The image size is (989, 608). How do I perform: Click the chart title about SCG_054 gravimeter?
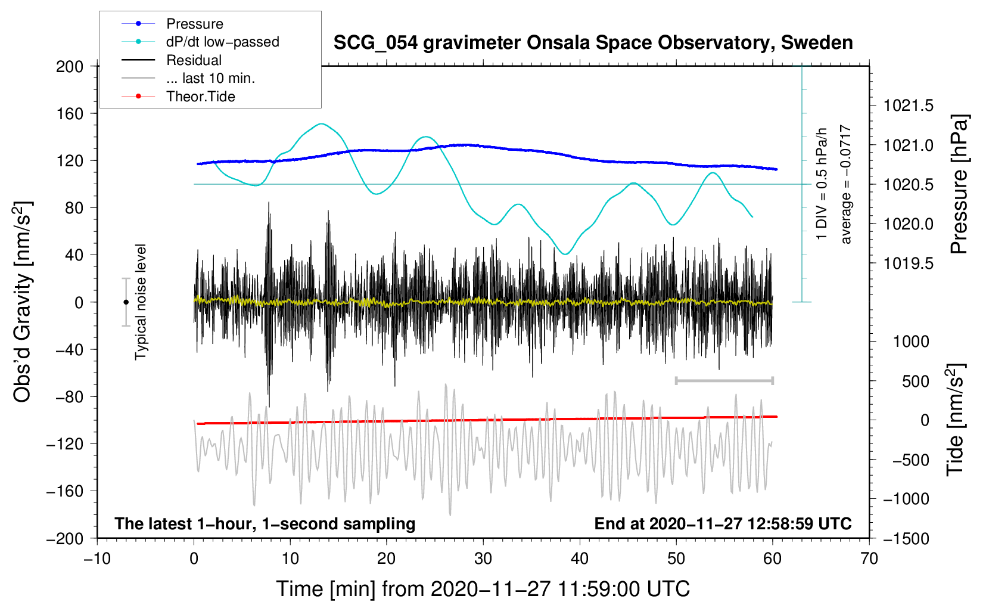[x=593, y=43]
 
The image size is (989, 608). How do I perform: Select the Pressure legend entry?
[x=194, y=24]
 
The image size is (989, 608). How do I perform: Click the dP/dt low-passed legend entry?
[x=222, y=42]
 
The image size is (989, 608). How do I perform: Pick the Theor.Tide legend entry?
[x=200, y=97]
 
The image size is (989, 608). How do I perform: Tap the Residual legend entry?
[x=194, y=60]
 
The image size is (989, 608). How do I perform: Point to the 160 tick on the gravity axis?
[x=70, y=113]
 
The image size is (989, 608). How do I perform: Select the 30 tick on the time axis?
[x=483, y=559]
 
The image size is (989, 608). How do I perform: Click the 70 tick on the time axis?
[x=869, y=559]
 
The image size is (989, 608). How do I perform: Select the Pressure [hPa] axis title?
[x=959, y=185]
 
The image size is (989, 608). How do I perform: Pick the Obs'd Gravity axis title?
[x=23, y=302]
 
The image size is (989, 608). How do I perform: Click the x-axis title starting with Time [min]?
[x=483, y=589]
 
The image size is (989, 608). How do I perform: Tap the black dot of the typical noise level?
[x=126, y=302]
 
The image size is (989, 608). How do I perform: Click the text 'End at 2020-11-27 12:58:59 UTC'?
[x=723, y=524]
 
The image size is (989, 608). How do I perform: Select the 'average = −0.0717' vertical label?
[x=846, y=185]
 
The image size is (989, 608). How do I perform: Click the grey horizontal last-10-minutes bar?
[x=724, y=380]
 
